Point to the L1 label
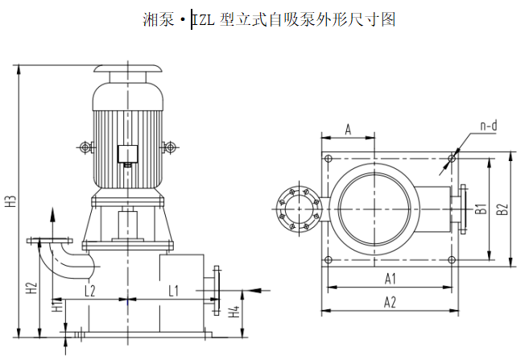click(172, 288)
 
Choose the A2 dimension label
click(391, 302)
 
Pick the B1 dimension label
click(480, 209)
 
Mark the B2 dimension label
click(502, 209)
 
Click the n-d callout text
click(488, 126)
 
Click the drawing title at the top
click(268, 19)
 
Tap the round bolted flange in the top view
click(299, 209)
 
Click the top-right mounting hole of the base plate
click(452, 159)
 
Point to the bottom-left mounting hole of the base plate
click(329, 259)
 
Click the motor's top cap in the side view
click(129, 72)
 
